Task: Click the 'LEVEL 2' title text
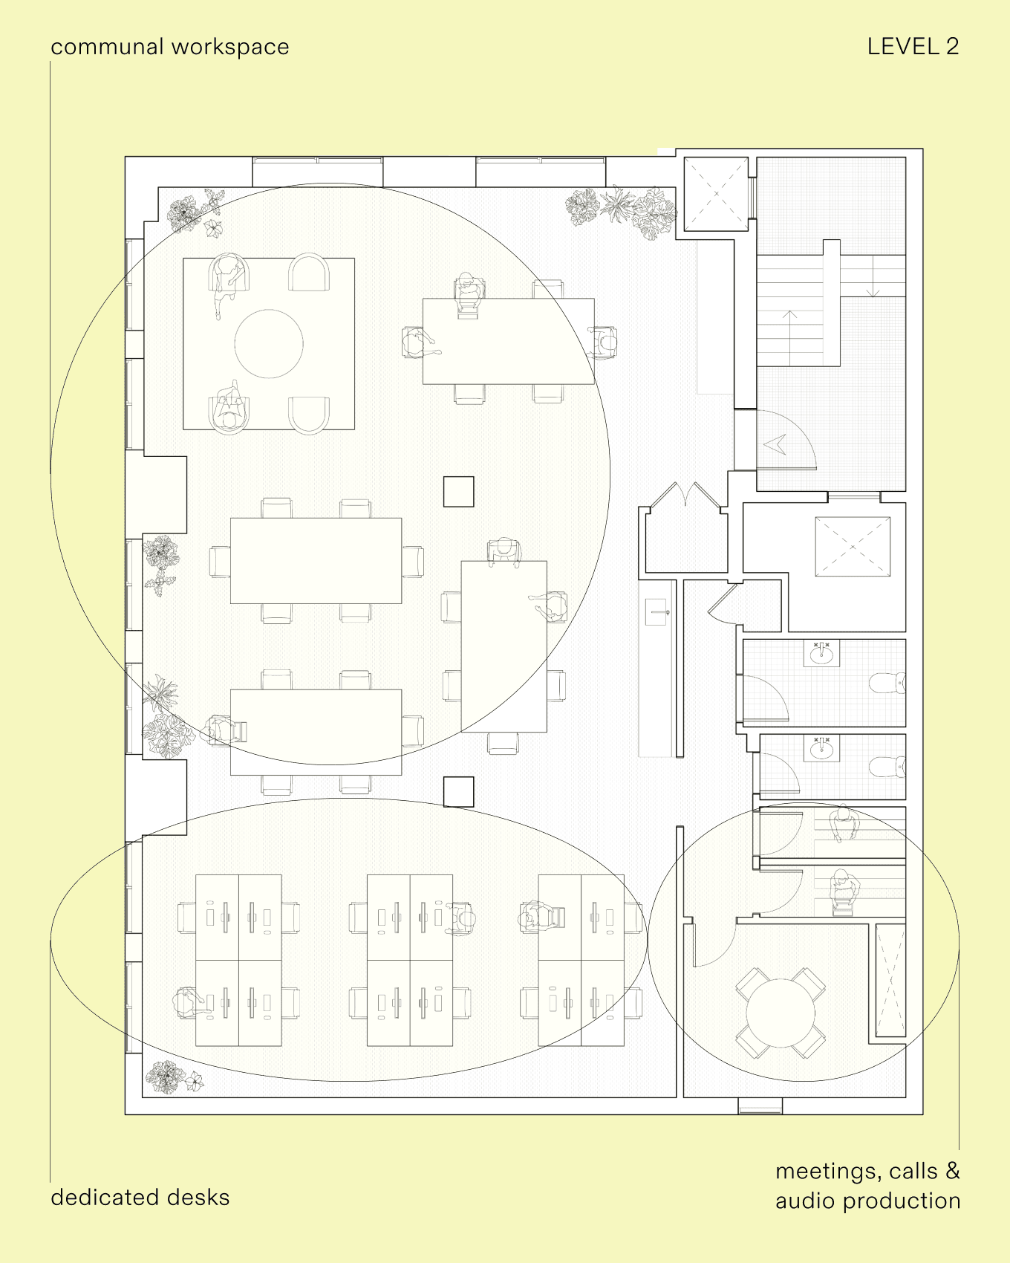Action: pos(913,46)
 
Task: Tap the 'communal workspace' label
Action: pos(170,47)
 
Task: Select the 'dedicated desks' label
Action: pos(140,1197)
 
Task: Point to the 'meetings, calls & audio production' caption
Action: pos(868,1186)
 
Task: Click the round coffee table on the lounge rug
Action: pos(269,344)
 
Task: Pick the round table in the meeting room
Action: pos(781,1013)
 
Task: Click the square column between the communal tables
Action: pos(459,492)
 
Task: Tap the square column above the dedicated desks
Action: pos(459,792)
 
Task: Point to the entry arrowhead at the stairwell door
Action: pos(775,444)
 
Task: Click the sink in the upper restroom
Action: pos(822,655)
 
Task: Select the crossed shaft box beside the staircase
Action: pos(716,194)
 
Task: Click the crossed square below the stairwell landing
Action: pos(853,546)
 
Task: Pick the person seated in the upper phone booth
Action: pos(844,823)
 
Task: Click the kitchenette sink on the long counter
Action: pos(656,612)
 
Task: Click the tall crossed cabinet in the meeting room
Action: pos(890,980)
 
